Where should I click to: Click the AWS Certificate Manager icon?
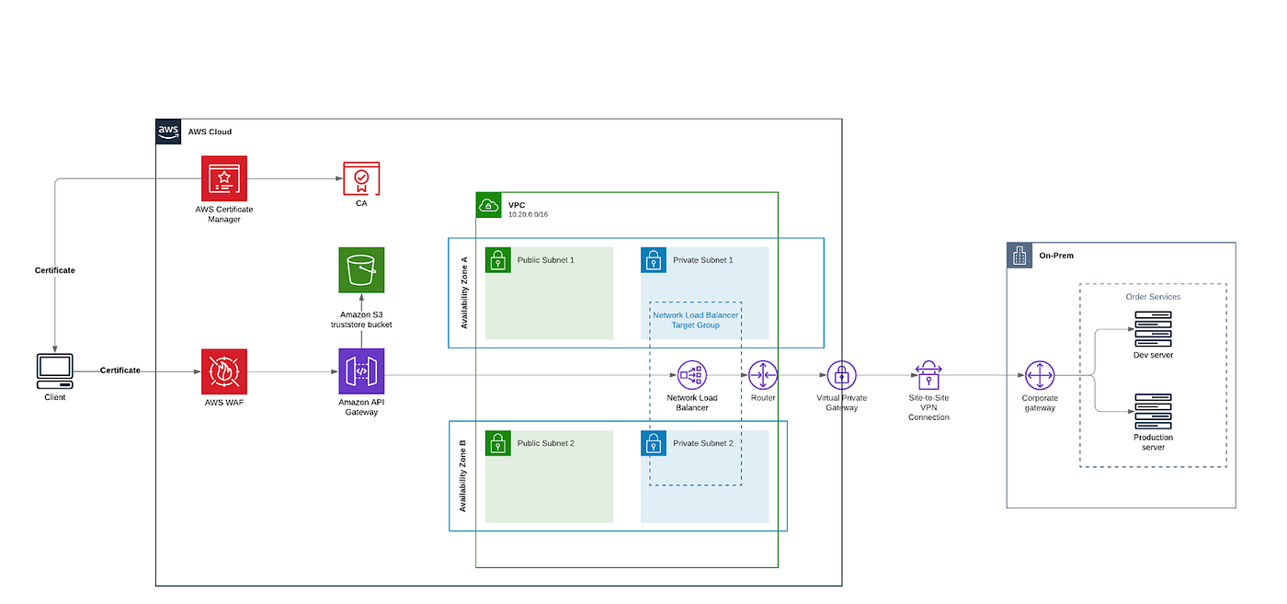click(224, 178)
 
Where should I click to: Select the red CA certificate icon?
click(361, 178)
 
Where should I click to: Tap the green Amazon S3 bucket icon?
click(361, 270)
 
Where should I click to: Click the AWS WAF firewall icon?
click(224, 371)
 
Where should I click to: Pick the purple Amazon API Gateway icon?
click(361, 371)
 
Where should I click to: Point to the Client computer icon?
click(55, 370)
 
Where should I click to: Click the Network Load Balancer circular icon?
click(691, 375)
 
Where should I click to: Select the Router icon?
click(763, 375)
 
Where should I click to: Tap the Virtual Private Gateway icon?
click(841, 375)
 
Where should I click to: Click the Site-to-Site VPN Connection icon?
click(928, 375)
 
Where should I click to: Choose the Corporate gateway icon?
click(1040, 375)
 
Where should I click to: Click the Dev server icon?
click(1153, 328)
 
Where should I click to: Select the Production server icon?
click(1153, 412)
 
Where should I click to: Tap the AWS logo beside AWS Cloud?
click(168, 131)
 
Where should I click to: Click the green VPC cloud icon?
click(488, 205)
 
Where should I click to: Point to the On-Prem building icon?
click(1019, 256)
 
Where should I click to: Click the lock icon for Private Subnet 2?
click(654, 443)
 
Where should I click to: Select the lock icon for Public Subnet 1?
click(497, 260)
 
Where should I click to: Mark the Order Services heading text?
click(1153, 297)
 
